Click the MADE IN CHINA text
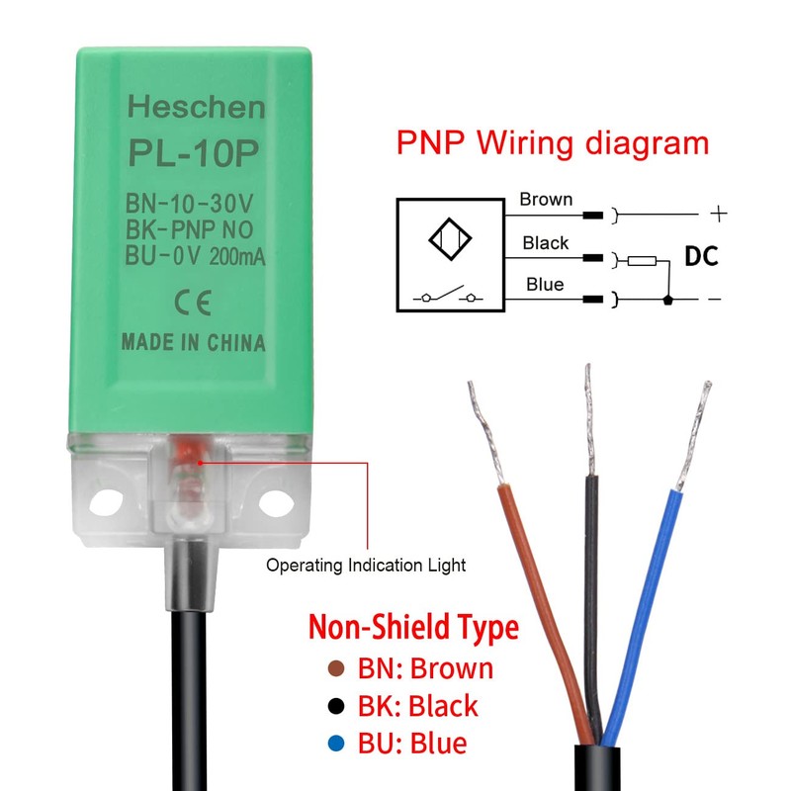tap(193, 343)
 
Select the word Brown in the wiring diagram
tap(546, 200)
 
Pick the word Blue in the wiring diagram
tap(545, 285)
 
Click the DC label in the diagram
tap(701, 257)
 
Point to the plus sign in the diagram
tap(719, 212)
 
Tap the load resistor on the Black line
tap(643, 261)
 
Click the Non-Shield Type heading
tap(413, 627)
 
